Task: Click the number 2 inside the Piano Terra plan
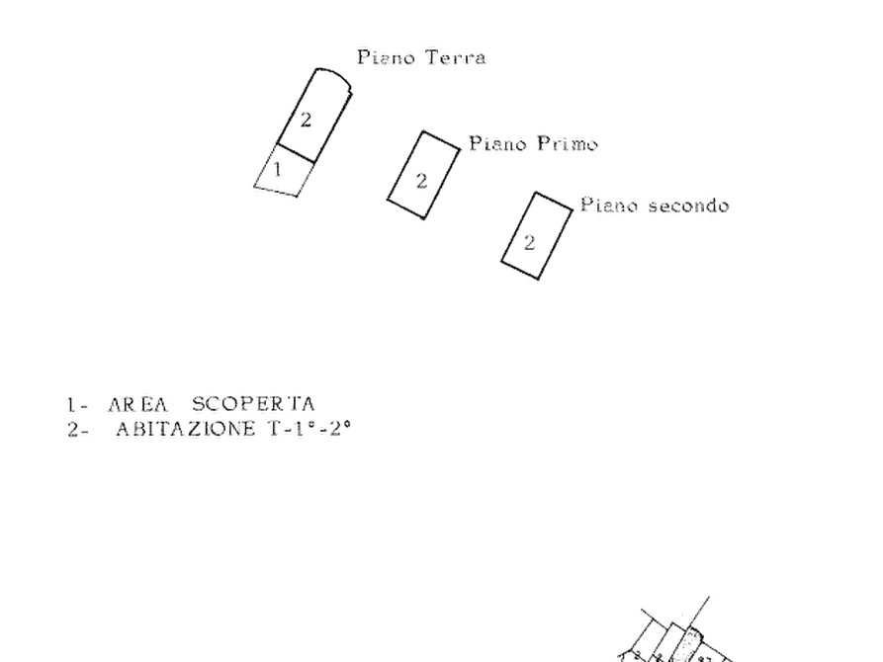(x=308, y=121)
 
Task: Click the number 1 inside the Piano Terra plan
(x=278, y=171)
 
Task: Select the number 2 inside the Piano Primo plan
(x=421, y=179)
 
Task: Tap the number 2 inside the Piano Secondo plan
(x=531, y=239)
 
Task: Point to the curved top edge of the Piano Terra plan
(x=331, y=74)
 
